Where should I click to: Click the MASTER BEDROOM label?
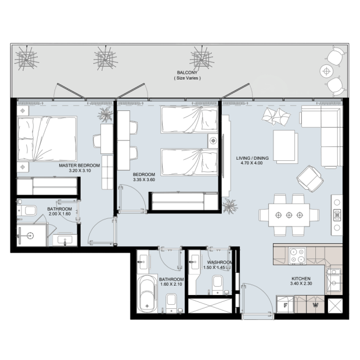coord(79,165)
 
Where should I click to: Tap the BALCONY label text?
coord(187,73)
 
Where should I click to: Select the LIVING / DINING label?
coord(253,158)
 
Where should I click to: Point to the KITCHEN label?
coord(301,279)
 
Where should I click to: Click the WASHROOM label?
coord(219,262)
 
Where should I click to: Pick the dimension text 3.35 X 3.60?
coord(144,180)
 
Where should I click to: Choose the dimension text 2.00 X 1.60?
coord(59,214)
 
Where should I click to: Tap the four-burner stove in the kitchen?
coord(297,255)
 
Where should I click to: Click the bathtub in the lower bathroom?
coord(147,293)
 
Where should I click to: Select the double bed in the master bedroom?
coord(47,139)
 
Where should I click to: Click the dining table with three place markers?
coord(289,215)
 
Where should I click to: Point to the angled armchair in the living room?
coord(310,179)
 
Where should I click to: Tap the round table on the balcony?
coord(326,71)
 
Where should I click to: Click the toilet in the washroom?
coord(217,284)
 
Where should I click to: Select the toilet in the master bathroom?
coord(29,211)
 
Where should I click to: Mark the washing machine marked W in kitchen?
coord(315,305)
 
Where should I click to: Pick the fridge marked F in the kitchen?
coord(285,305)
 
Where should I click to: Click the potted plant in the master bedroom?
coord(105,114)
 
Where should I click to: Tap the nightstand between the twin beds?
coord(213,141)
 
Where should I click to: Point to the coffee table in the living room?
coord(284,146)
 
